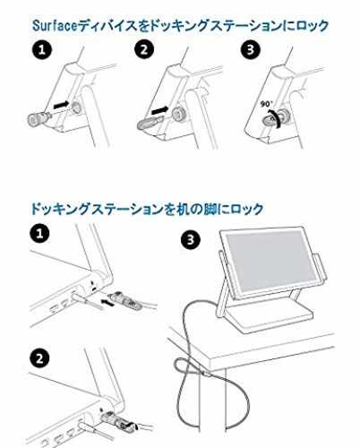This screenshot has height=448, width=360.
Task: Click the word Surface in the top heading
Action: coord(55,26)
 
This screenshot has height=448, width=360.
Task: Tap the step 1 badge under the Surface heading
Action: coord(42,49)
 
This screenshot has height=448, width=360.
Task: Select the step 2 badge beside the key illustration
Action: coord(144,49)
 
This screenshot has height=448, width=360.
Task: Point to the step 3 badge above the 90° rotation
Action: coord(250,49)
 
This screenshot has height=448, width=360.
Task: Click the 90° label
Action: coord(266,104)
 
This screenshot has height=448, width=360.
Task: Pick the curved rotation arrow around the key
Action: coord(277,118)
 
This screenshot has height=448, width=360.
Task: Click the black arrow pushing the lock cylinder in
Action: coord(61,105)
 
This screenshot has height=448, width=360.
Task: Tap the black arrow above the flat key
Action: coord(160,111)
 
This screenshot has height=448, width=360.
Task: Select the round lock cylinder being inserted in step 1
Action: coord(39,119)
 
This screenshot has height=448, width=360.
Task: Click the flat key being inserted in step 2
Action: coord(150,123)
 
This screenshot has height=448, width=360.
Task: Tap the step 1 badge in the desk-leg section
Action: coord(39,234)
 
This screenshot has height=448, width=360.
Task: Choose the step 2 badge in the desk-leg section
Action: coord(39,358)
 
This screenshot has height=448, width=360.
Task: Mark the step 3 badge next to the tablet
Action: coord(191,239)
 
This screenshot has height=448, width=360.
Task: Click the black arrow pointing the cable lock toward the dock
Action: coord(108,302)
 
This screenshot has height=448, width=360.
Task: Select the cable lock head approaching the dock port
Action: coord(124,300)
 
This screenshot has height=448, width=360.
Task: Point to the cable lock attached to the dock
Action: coord(119,420)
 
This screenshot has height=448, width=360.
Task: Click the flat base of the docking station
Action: coord(269,319)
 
